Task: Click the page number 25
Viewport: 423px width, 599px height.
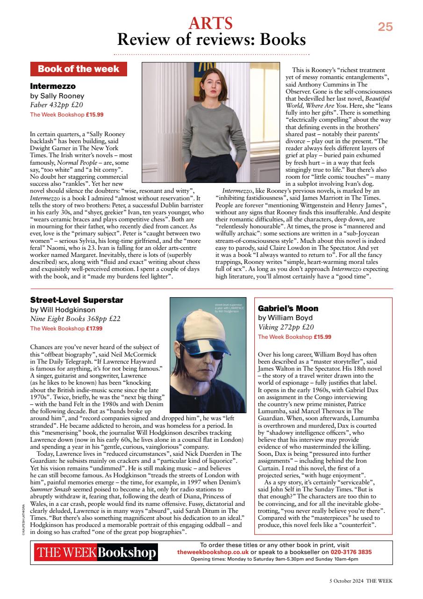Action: coord(385,27)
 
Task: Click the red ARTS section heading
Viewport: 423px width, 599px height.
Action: coord(211,23)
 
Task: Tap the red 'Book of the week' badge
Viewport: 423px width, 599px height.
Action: coord(78,69)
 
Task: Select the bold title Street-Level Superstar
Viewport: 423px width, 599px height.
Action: coord(77,300)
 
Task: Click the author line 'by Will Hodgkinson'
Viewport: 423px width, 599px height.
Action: coord(63,309)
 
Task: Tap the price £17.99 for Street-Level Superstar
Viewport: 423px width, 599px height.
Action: coord(95,328)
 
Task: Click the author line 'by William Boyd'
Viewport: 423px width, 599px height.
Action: coord(288,318)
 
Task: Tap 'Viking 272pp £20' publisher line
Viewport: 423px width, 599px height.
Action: coord(286,327)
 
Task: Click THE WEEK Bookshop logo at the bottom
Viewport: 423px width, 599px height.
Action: coord(95,553)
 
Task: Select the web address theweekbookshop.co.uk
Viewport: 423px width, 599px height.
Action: coord(213,552)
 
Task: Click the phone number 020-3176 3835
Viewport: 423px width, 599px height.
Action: coord(351,552)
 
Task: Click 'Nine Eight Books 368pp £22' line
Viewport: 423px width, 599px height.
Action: coord(75,319)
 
